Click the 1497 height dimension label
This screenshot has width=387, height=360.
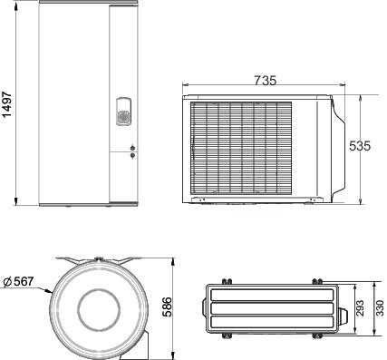(x=6, y=104)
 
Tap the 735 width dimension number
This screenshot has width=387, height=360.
(x=265, y=81)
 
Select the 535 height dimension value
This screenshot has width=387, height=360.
(x=360, y=146)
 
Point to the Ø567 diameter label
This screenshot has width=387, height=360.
(x=19, y=282)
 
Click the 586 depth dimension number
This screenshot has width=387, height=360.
(x=167, y=307)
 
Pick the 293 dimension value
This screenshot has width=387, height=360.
(x=360, y=308)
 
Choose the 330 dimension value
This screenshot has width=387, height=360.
(x=380, y=308)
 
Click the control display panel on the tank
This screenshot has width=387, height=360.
(x=123, y=112)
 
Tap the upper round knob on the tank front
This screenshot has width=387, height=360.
(x=132, y=148)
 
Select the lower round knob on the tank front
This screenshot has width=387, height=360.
(x=132, y=155)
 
